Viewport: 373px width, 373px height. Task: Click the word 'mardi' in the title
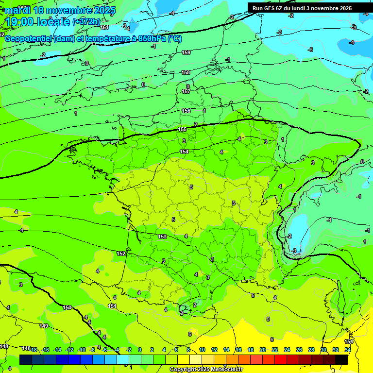click(17, 10)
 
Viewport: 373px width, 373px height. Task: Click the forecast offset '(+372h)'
click(86, 22)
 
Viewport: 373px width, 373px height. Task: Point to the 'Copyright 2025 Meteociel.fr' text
click(206, 370)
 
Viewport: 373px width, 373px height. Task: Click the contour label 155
click(183, 129)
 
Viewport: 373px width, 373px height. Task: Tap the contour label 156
click(186, 111)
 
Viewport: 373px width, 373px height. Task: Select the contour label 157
click(186, 91)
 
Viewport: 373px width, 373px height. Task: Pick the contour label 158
click(186, 72)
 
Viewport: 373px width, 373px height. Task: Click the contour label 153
click(162, 237)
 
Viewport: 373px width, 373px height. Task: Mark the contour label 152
click(121, 254)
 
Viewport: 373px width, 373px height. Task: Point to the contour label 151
click(112, 306)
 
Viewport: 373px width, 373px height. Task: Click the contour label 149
click(44, 326)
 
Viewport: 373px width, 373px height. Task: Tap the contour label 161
click(104, 27)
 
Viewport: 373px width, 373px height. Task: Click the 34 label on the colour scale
click(348, 350)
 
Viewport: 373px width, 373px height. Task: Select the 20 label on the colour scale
click(263, 350)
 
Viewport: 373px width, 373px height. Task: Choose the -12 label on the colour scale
click(69, 350)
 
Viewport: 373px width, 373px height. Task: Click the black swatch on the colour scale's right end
click(341, 359)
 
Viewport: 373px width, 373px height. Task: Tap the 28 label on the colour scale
click(311, 350)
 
